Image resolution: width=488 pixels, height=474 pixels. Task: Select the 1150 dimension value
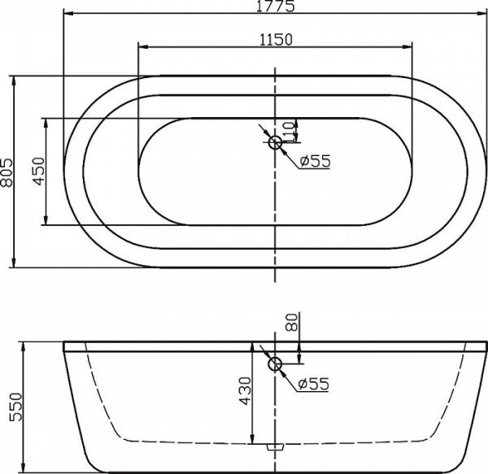pos(276,37)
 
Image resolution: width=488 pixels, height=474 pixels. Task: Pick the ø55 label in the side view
pos(313,385)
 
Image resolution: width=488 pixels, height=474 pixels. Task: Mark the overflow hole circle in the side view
pos(275,365)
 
